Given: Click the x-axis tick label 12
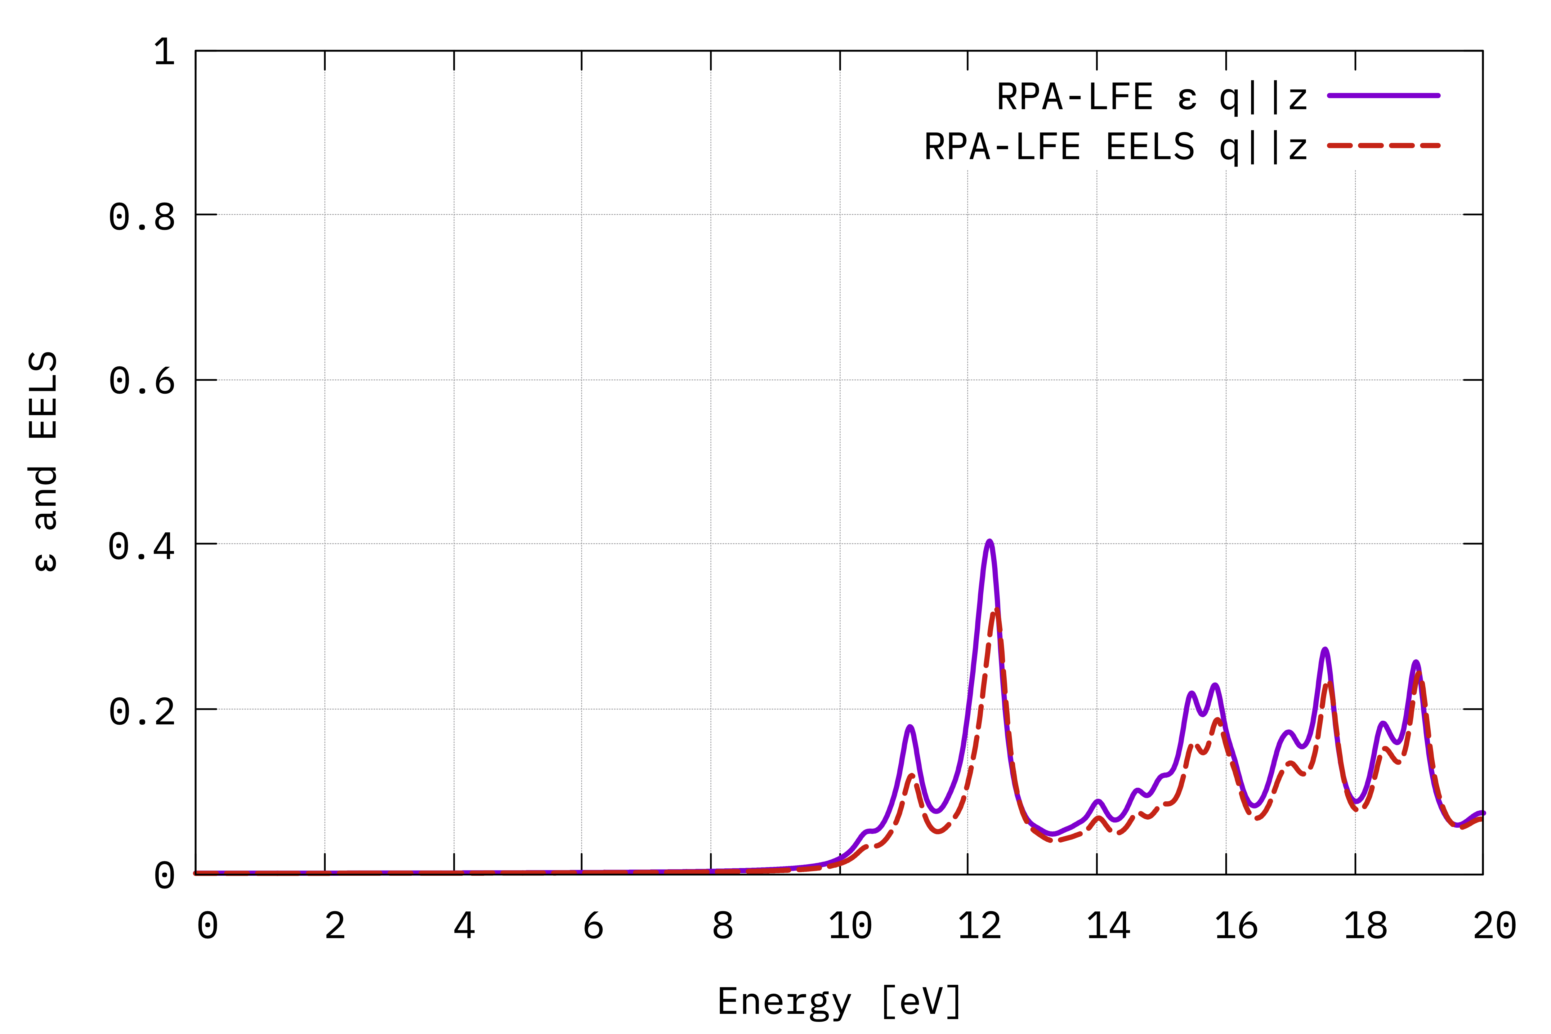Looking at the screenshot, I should click(x=979, y=927).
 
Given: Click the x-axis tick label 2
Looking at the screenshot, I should click(x=335, y=927).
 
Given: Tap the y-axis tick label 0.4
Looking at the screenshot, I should click(x=142, y=547).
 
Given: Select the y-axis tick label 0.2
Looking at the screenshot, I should click(x=142, y=712).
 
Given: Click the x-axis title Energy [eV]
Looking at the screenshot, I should click(x=839, y=1002).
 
